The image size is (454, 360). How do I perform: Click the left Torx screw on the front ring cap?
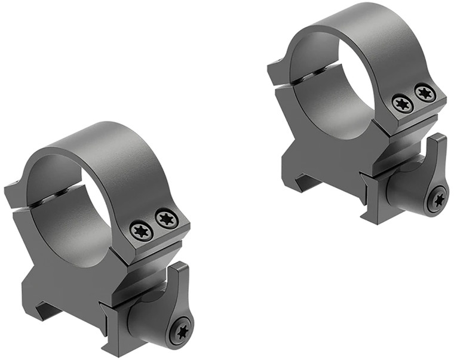[x=142, y=230]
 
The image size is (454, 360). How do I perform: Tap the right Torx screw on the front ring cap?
[x=167, y=219]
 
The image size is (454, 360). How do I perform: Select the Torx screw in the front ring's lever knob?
[x=180, y=330]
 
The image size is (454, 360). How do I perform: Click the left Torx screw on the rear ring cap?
[x=403, y=104]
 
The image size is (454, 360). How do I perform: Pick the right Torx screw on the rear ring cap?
[x=425, y=93]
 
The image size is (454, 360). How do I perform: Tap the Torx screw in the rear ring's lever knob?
[x=438, y=199]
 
